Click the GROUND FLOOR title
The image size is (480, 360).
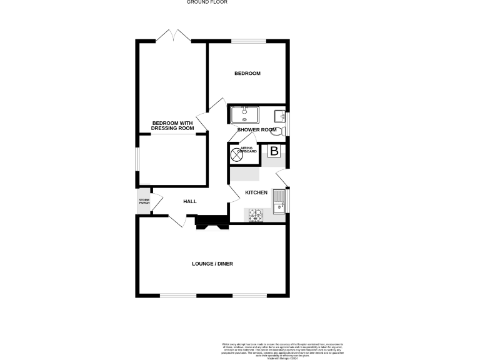click(x=207, y=2)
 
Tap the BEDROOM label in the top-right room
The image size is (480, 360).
click(x=247, y=74)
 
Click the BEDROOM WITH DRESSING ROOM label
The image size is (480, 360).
click(x=173, y=125)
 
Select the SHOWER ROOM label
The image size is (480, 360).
click(x=256, y=129)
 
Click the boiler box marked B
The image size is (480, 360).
click(x=274, y=151)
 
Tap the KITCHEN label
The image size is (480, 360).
click(x=256, y=192)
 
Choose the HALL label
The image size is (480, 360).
click(x=190, y=201)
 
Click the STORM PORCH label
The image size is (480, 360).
click(x=144, y=202)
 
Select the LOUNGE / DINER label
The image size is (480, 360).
click(x=212, y=264)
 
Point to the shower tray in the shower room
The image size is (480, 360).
click(x=244, y=115)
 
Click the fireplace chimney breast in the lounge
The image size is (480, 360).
click(x=210, y=221)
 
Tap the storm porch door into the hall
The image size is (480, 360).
click(x=157, y=201)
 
